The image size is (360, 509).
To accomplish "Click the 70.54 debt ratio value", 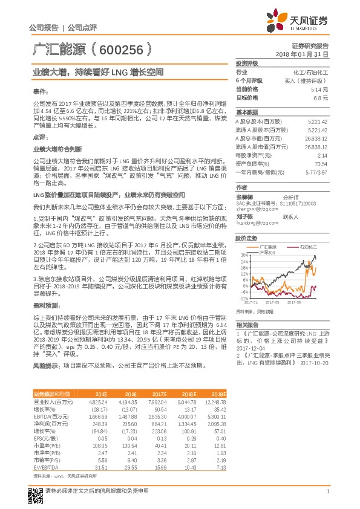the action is click(321, 164).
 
